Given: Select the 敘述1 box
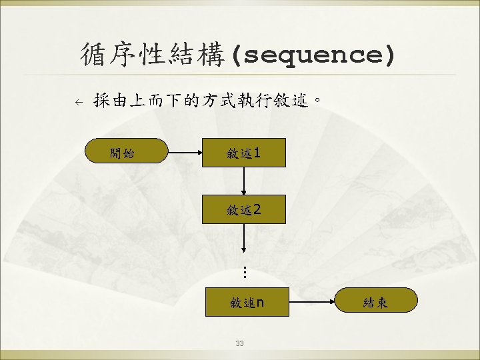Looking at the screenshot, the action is [244, 153].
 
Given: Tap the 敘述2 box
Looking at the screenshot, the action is [244, 209].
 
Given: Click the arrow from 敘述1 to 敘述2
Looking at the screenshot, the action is [244, 181].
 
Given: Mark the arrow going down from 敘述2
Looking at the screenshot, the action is [244, 239].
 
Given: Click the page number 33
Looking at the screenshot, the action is [240, 343].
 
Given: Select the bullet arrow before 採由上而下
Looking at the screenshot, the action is [78, 102].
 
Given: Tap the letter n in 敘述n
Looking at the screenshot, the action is [260, 303].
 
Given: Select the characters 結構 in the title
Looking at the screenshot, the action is [199, 55].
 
